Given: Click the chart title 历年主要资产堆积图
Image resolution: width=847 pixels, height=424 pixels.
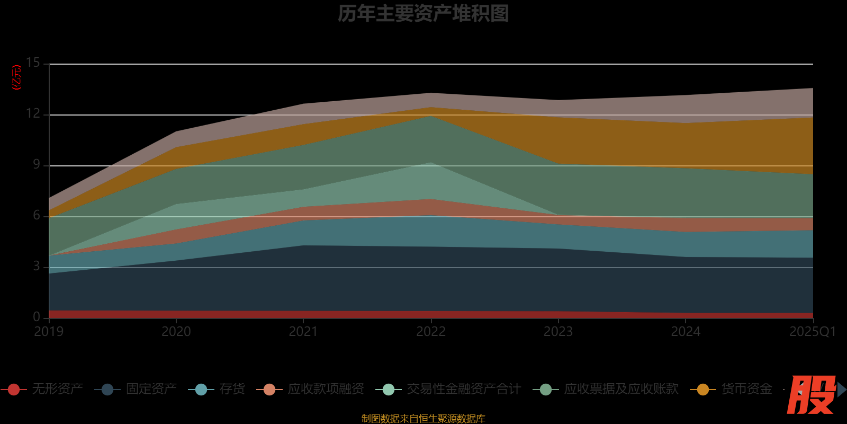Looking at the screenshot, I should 423,14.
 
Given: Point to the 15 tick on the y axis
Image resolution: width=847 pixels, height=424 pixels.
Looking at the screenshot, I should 33,63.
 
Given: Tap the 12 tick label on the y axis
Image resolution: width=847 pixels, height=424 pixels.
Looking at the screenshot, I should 33,113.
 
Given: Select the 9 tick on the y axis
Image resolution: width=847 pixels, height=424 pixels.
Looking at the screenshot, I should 36,164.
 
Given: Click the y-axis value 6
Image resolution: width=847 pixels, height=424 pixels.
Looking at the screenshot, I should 36,215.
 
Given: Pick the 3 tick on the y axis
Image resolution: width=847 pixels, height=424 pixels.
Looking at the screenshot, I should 36,266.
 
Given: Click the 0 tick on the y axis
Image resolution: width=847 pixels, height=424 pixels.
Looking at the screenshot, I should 36,317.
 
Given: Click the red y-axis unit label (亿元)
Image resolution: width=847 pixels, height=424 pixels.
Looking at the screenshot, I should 17,77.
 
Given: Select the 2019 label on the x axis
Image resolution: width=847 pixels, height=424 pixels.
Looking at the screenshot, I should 49,332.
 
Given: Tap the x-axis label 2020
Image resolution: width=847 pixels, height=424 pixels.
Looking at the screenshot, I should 176,332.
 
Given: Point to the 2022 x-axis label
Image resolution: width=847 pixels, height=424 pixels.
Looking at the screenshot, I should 431,332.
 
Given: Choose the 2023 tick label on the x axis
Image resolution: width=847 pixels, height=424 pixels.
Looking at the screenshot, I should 558,332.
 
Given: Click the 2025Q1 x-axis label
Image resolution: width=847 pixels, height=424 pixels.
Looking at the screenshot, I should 812,332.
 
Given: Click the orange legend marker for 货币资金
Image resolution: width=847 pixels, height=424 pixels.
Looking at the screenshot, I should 703,390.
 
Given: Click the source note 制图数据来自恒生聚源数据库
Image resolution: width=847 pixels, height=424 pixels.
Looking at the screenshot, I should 423,419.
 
